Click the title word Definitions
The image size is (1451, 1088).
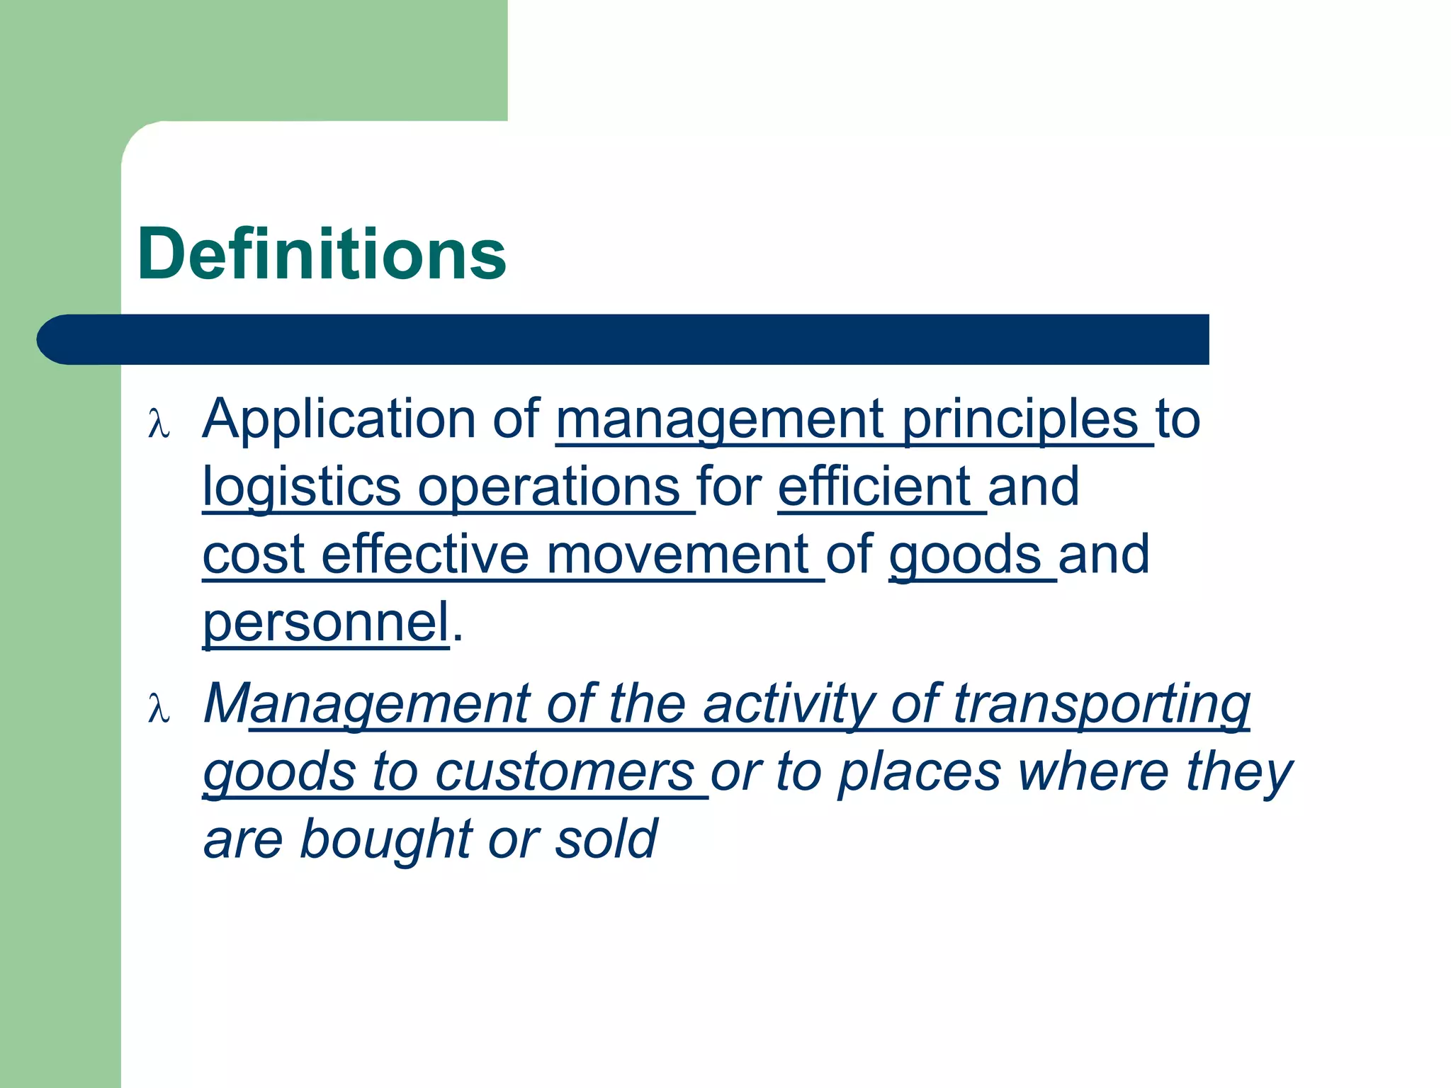(x=322, y=254)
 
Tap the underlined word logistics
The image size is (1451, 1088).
(x=302, y=487)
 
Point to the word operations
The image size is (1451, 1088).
(x=549, y=487)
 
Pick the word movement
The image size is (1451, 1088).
(x=677, y=555)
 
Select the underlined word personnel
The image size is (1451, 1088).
(x=327, y=623)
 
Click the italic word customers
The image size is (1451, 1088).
(x=564, y=772)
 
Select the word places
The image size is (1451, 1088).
(x=919, y=772)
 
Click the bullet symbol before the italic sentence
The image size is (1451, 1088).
(x=159, y=708)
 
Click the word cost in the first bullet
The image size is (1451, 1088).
(x=254, y=555)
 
